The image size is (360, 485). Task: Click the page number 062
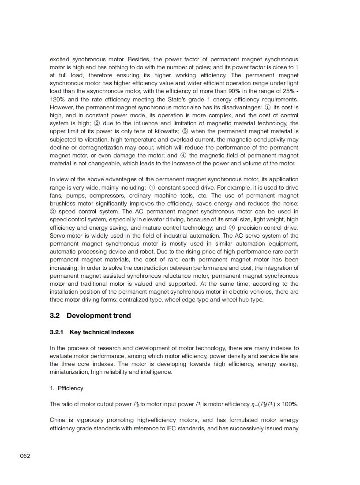pos(25,455)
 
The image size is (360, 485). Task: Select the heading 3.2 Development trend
pos(90,315)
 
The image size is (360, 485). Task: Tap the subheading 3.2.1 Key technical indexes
pos(92,332)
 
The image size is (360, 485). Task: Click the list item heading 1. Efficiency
pos(66,388)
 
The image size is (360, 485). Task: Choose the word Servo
pos(57,235)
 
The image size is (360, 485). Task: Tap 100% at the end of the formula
pos(290,404)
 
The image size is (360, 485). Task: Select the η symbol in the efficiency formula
pos(253,404)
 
